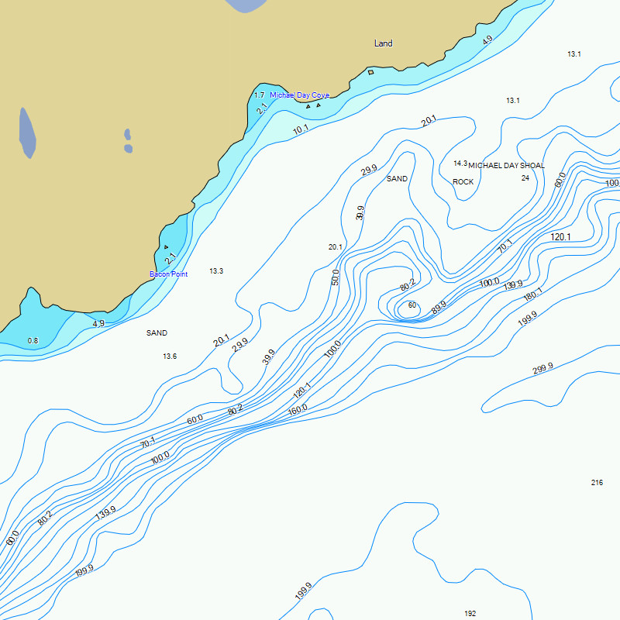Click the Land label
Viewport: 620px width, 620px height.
pyautogui.click(x=383, y=43)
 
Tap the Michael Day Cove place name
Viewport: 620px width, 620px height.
pyautogui.click(x=299, y=95)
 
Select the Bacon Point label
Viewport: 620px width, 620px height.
pyautogui.click(x=168, y=274)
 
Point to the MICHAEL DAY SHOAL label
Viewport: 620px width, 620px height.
pyautogui.click(x=506, y=166)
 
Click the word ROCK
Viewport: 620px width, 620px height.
pyautogui.click(x=463, y=182)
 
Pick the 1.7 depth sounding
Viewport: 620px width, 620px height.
pyautogui.click(x=260, y=95)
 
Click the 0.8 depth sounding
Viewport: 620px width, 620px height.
pyautogui.click(x=33, y=341)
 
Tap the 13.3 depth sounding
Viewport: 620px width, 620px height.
pyautogui.click(x=216, y=271)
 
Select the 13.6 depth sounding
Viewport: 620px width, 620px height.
pyautogui.click(x=170, y=356)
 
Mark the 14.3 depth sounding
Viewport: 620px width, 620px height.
pyautogui.click(x=460, y=164)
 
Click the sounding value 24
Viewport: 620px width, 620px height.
pyautogui.click(x=525, y=178)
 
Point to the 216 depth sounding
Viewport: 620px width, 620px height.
pyautogui.click(x=597, y=483)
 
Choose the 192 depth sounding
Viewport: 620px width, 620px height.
pyautogui.click(x=470, y=614)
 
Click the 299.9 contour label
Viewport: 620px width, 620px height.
pyautogui.click(x=542, y=369)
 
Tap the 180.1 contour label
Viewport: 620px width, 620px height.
pyautogui.click(x=533, y=294)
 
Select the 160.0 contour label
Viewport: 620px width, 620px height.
pyautogui.click(x=298, y=409)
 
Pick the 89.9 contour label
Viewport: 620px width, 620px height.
pyautogui.click(x=439, y=306)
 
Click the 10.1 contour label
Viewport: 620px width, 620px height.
pyautogui.click(x=301, y=129)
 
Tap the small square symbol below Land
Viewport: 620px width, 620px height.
pyautogui.click(x=370, y=72)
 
